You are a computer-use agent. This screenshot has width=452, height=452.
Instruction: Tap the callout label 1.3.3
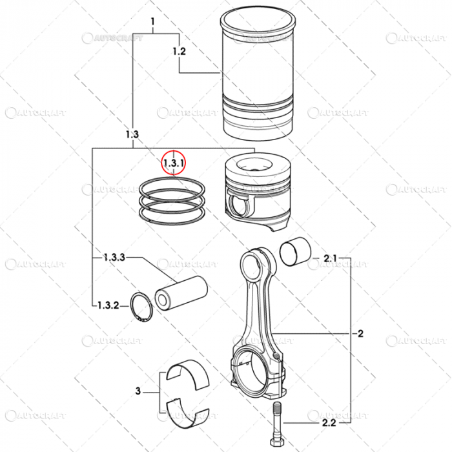pos(114,257)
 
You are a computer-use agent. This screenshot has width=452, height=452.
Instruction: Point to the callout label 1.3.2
pos(108,304)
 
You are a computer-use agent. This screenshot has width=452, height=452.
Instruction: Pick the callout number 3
pos(138,391)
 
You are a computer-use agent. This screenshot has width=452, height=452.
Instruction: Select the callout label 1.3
pos(131,134)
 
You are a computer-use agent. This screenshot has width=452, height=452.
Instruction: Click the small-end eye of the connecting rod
pos(249,265)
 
